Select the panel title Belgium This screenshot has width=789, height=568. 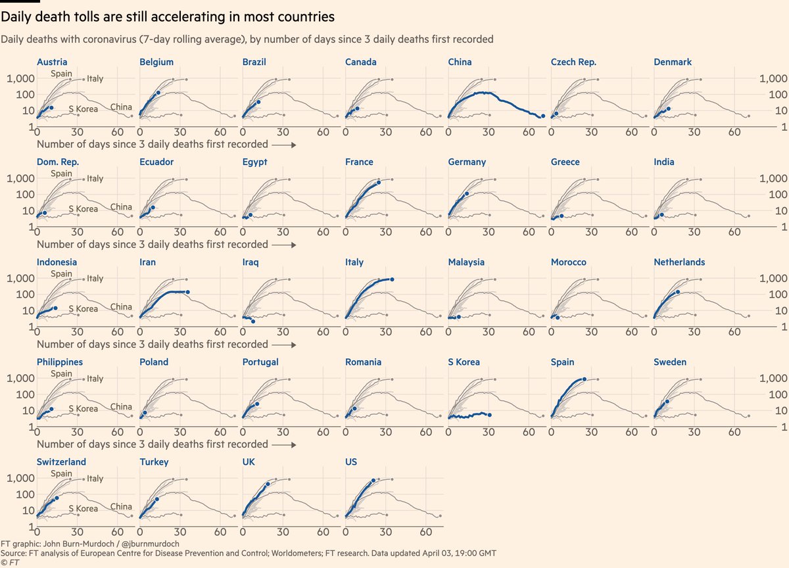pyautogui.click(x=156, y=62)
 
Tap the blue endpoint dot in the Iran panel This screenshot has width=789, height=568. pyautogui.click(x=188, y=292)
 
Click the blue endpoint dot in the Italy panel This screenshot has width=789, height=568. pyautogui.click(x=393, y=279)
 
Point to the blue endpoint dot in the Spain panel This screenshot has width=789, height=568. pyautogui.click(x=585, y=379)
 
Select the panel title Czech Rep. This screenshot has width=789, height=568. pyautogui.click(x=573, y=62)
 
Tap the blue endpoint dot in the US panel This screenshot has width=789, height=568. pyautogui.click(x=373, y=481)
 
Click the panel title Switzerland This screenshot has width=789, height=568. pyautogui.click(x=61, y=462)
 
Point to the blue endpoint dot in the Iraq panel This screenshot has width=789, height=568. pyautogui.click(x=253, y=321)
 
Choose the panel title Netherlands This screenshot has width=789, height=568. pyautogui.click(x=679, y=262)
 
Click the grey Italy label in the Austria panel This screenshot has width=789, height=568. pyautogui.click(x=95, y=79)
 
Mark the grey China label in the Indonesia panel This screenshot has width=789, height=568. pyautogui.click(x=120, y=307)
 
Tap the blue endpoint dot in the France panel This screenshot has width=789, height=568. pyautogui.click(x=379, y=182)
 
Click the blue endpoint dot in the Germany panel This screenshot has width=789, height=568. pyautogui.click(x=467, y=194)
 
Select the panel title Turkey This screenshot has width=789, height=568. pyautogui.click(x=154, y=462)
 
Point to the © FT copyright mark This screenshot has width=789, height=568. pyautogui.click(x=9, y=563)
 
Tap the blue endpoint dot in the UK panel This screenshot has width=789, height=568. pyautogui.click(x=268, y=485)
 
